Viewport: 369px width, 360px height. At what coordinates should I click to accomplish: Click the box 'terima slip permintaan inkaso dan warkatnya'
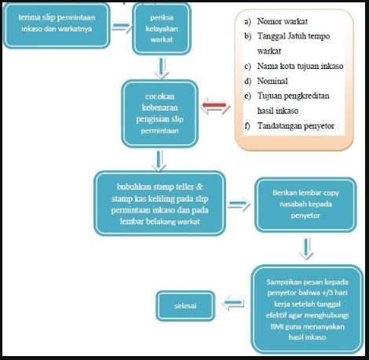pyautogui.click(x=57, y=25)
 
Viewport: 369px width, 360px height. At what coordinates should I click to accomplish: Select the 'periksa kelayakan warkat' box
pyautogui.click(x=162, y=28)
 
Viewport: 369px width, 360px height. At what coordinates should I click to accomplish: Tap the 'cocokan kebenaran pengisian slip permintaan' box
pyautogui.click(x=159, y=114)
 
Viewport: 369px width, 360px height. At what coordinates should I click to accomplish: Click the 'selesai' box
pyautogui.click(x=185, y=306)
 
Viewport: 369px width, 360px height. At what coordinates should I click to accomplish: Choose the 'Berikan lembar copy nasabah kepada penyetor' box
pyautogui.click(x=305, y=205)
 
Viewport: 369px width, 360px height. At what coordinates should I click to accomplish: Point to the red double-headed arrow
pyautogui.click(x=215, y=106)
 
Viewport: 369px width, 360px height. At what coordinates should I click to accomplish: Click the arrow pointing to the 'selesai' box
pyautogui.click(x=233, y=304)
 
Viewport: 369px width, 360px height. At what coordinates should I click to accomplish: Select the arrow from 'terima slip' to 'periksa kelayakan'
pyautogui.click(x=122, y=27)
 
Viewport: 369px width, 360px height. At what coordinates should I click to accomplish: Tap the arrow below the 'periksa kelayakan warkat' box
pyautogui.click(x=162, y=68)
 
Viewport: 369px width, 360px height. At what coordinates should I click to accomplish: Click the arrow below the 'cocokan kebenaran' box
pyautogui.click(x=159, y=161)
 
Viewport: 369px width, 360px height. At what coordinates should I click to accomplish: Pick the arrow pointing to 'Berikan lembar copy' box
pyautogui.click(x=239, y=204)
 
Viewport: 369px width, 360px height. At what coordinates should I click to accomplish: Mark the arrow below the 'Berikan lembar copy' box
pyautogui.click(x=306, y=249)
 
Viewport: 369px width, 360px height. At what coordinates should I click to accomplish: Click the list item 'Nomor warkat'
pyautogui.click(x=282, y=21)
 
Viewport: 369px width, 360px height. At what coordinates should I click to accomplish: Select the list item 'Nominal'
pyautogui.click(x=272, y=81)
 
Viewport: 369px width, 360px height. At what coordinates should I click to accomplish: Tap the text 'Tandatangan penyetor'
pyautogui.click(x=296, y=125)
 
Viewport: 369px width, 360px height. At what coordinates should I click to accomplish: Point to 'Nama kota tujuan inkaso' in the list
pyautogui.click(x=300, y=66)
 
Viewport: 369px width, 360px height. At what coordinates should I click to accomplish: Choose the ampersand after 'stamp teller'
pyautogui.click(x=199, y=187)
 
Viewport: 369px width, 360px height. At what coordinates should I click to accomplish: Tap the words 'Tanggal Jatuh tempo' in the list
pyautogui.click(x=294, y=36)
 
